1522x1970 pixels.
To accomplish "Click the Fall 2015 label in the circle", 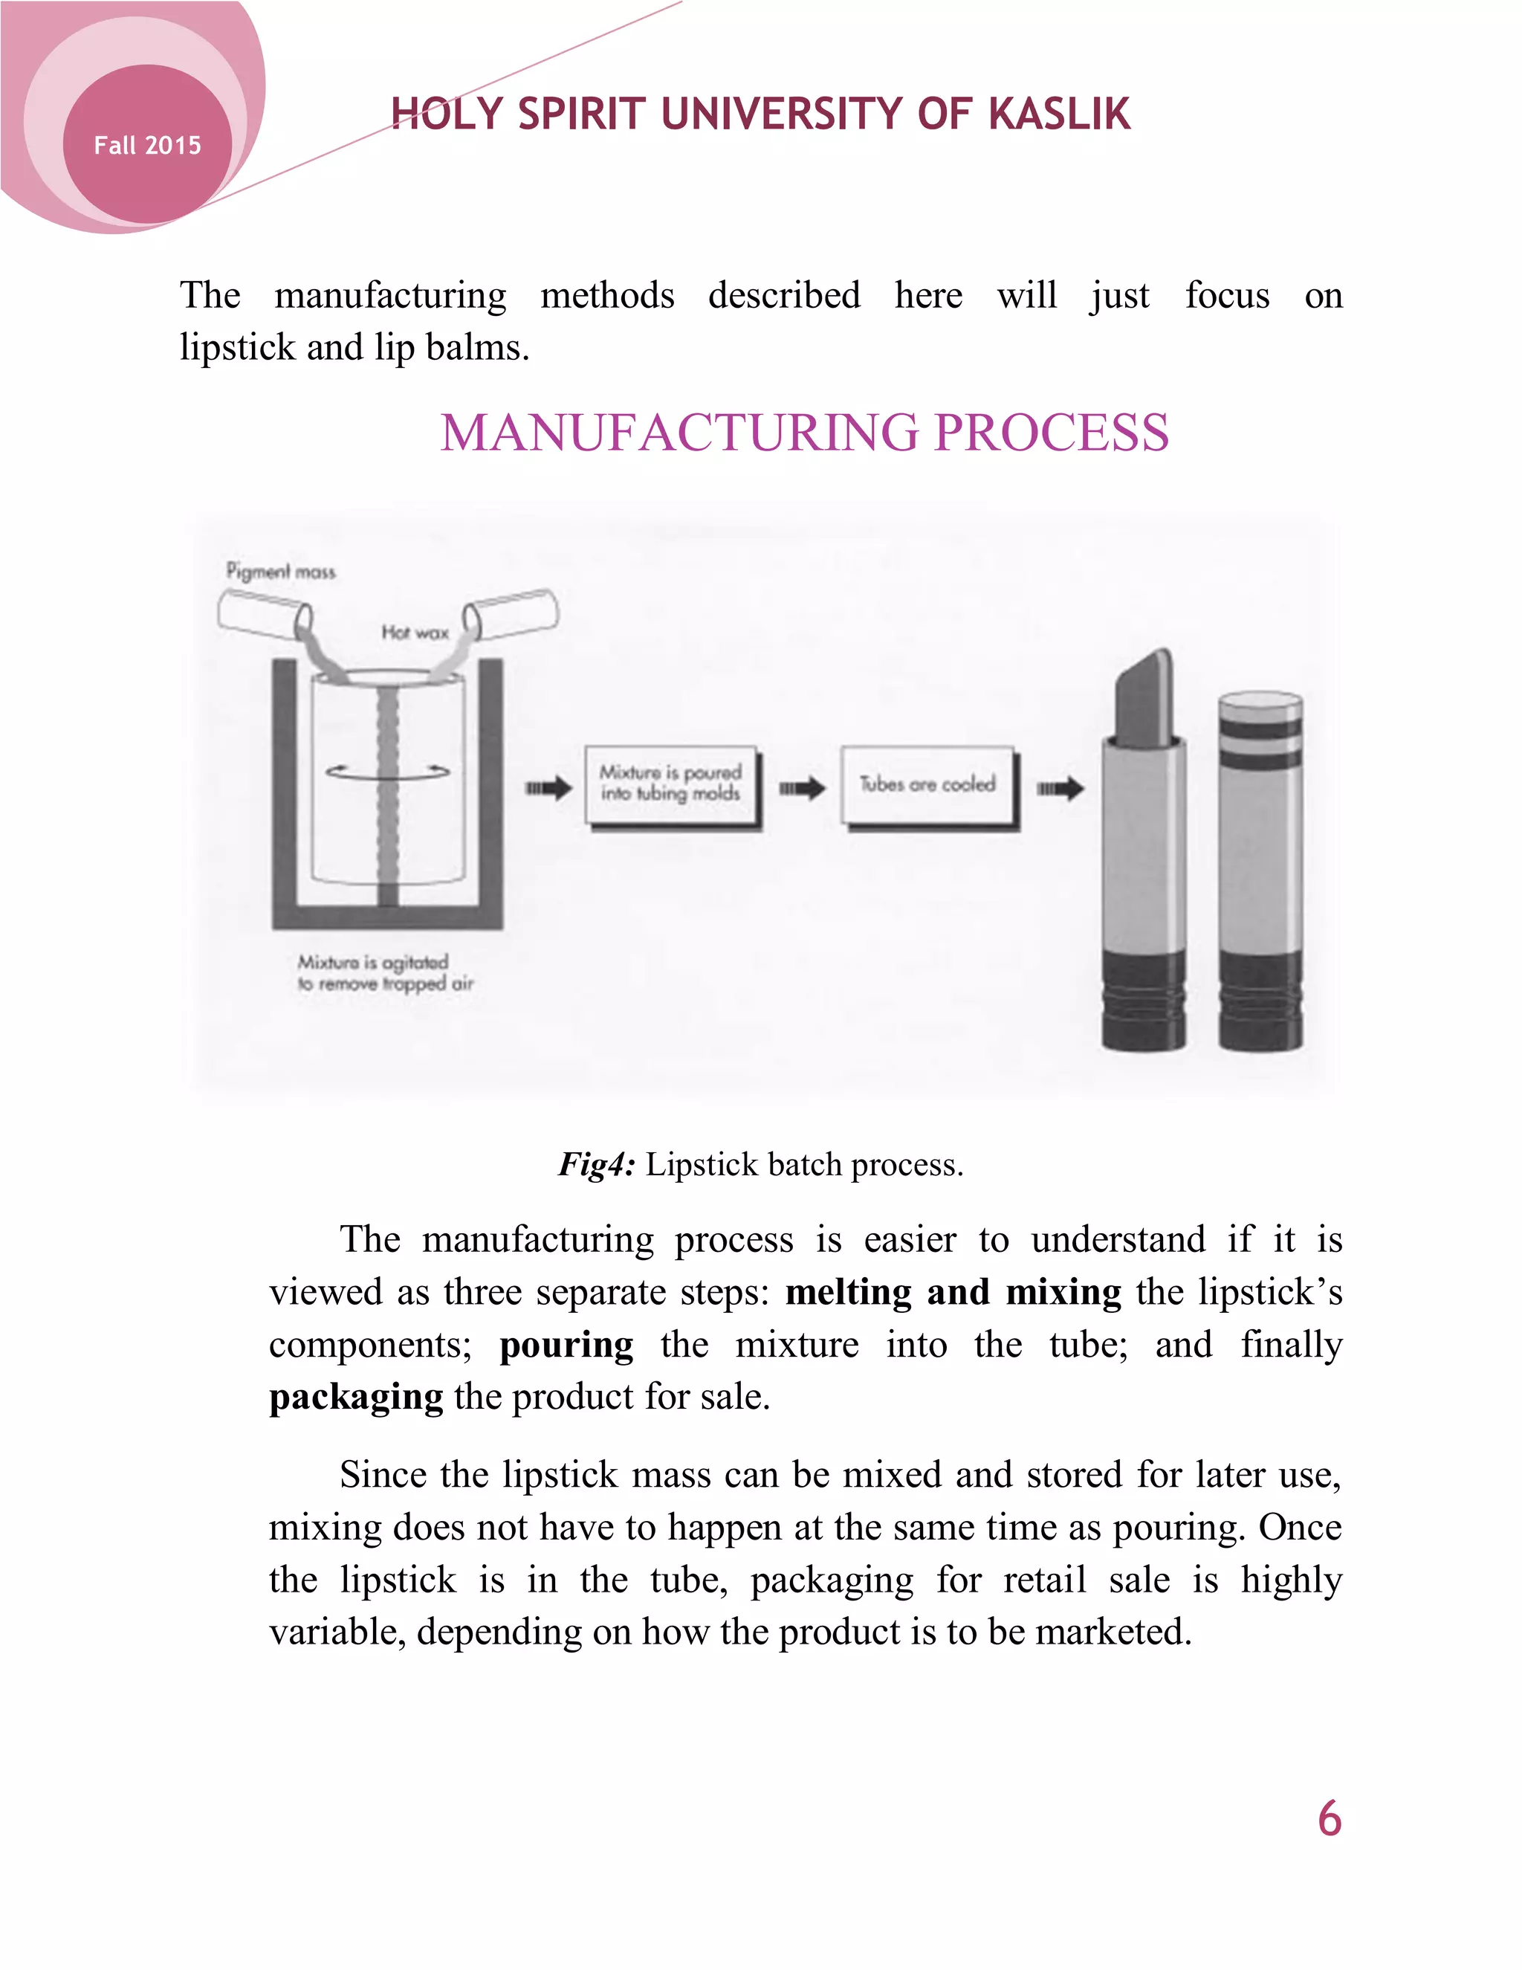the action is pyautogui.click(x=147, y=145).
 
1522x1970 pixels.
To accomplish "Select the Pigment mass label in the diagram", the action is pyautogui.click(x=280, y=571).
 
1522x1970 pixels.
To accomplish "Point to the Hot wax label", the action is pyautogui.click(x=415, y=633).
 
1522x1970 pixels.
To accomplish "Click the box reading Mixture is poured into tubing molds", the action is pyautogui.click(x=671, y=783).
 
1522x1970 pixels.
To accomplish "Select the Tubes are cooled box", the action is pyautogui.click(x=927, y=784).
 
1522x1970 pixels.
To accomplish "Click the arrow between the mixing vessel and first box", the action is pyautogui.click(x=549, y=788).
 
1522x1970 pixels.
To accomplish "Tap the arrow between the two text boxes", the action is pyautogui.click(x=802, y=788).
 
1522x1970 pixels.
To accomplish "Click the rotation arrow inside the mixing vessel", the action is pyautogui.click(x=388, y=771).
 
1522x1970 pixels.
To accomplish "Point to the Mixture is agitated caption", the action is pyautogui.click(x=385, y=972).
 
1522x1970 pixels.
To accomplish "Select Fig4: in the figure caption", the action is pyautogui.click(x=597, y=1164).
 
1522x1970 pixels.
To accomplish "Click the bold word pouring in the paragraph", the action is pyautogui.click(x=566, y=1345).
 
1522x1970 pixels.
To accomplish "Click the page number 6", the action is pyautogui.click(x=1329, y=1818).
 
